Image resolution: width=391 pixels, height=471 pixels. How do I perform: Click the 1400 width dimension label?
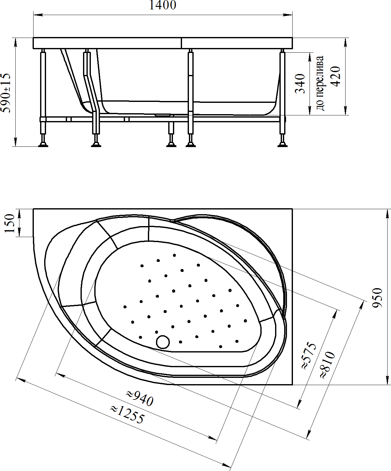pyautogui.click(x=163, y=5)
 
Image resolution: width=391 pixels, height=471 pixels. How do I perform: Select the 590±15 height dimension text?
pyautogui.click(x=6, y=93)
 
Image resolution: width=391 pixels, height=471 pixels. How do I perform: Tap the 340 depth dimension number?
pyautogui.click(x=300, y=83)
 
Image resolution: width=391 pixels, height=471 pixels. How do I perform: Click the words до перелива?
pyautogui.click(x=320, y=83)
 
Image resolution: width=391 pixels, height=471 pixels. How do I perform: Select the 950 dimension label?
pyautogui.click(x=377, y=298)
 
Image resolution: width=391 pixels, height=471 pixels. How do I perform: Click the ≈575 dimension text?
pyautogui.click(x=309, y=356)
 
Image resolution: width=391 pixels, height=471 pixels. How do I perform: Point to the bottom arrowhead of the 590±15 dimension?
pyautogui.click(x=15, y=142)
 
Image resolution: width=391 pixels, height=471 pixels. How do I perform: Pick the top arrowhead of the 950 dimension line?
pyautogui.click(x=387, y=214)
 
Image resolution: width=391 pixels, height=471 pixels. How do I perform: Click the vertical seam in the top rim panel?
pyautogui.click(x=181, y=43)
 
